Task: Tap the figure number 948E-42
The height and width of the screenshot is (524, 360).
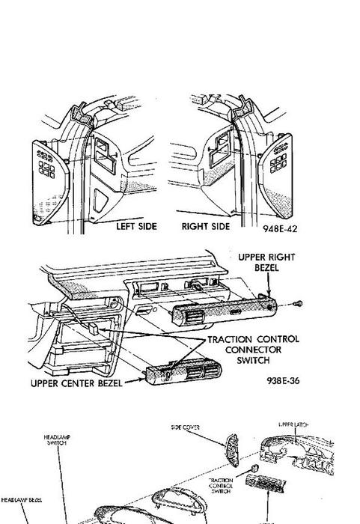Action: (280, 228)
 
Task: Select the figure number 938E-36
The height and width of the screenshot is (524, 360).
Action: (284, 380)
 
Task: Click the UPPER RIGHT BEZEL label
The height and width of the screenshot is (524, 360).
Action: (266, 263)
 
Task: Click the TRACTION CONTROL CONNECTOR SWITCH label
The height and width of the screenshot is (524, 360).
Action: (253, 349)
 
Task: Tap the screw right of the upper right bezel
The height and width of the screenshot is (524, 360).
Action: (298, 303)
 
